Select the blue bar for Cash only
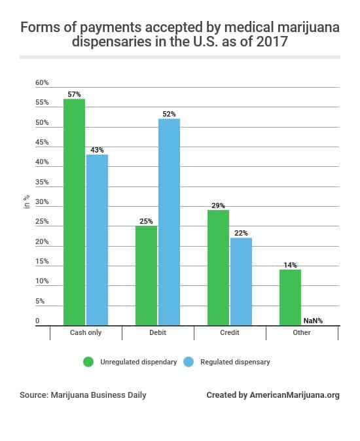pyautogui.click(x=97, y=239)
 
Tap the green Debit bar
pyautogui.click(x=146, y=275)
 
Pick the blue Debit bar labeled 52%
pyautogui.click(x=169, y=222)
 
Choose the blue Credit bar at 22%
pyautogui.click(x=241, y=281)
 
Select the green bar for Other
pyautogui.click(x=290, y=297)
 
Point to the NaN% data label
pyautogui.click(x=313, y=321)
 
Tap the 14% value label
pyautogui.click(x=290, y=265)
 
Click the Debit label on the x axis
pyautogui.click(x=158, y=332)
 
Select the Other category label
pyautogui.click(x=302, y=332)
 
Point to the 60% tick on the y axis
pyautogui.click(x=42, y=83)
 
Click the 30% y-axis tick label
pyautogui.click(x=42, y=202)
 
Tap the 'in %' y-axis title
pyautogui.click(x=26, y=202)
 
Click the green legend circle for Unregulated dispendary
pyautogui.click(x=87, y=362)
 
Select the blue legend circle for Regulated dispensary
pyautogui.click(x=188, y=362)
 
